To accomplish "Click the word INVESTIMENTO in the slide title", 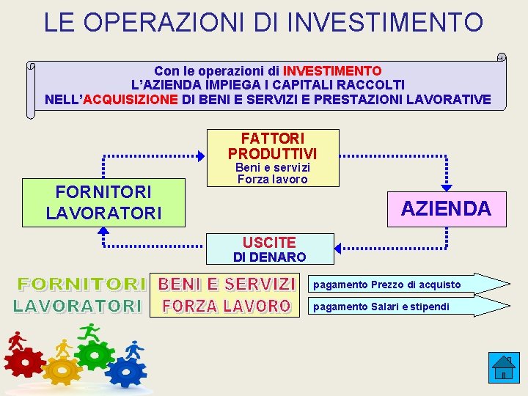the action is coord(389,22).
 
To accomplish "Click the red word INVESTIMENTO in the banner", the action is coord(332,71).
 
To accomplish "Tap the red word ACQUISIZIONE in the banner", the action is coord(131,99).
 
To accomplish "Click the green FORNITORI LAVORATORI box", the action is coord(103,202).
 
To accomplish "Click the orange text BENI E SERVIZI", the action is coord(227,284).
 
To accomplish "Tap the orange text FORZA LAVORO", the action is coord(227,306).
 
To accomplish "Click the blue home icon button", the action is coord(504,367).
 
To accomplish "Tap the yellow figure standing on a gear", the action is coord(65,348).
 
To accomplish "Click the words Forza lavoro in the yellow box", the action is coord(272,179).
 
